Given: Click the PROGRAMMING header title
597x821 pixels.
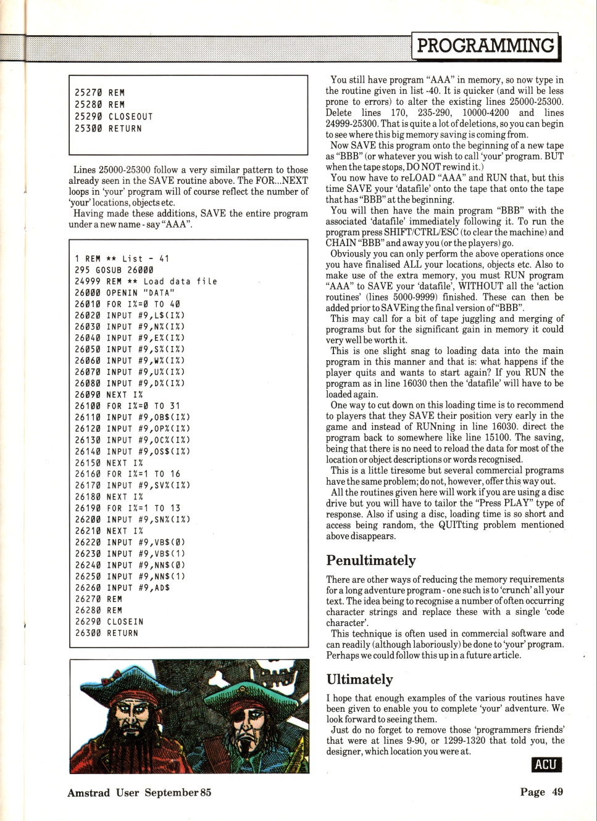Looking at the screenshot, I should click(x=485, y=46).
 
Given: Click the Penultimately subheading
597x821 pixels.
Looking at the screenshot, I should click(x=370, y=561).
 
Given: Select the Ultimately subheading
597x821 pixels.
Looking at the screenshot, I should click(x=359, y=679).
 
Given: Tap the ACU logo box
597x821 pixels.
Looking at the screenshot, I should click(x=546, y=765).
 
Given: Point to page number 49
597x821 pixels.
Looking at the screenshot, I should click(x=557, y=792).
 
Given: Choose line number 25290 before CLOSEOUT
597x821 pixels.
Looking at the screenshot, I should click(x=88, y=117).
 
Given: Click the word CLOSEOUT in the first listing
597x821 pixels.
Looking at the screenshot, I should click(x=130, y=117).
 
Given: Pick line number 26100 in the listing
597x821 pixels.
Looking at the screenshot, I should click(x=88, y=406).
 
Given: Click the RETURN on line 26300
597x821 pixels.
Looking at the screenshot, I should click(x=122, y=633).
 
